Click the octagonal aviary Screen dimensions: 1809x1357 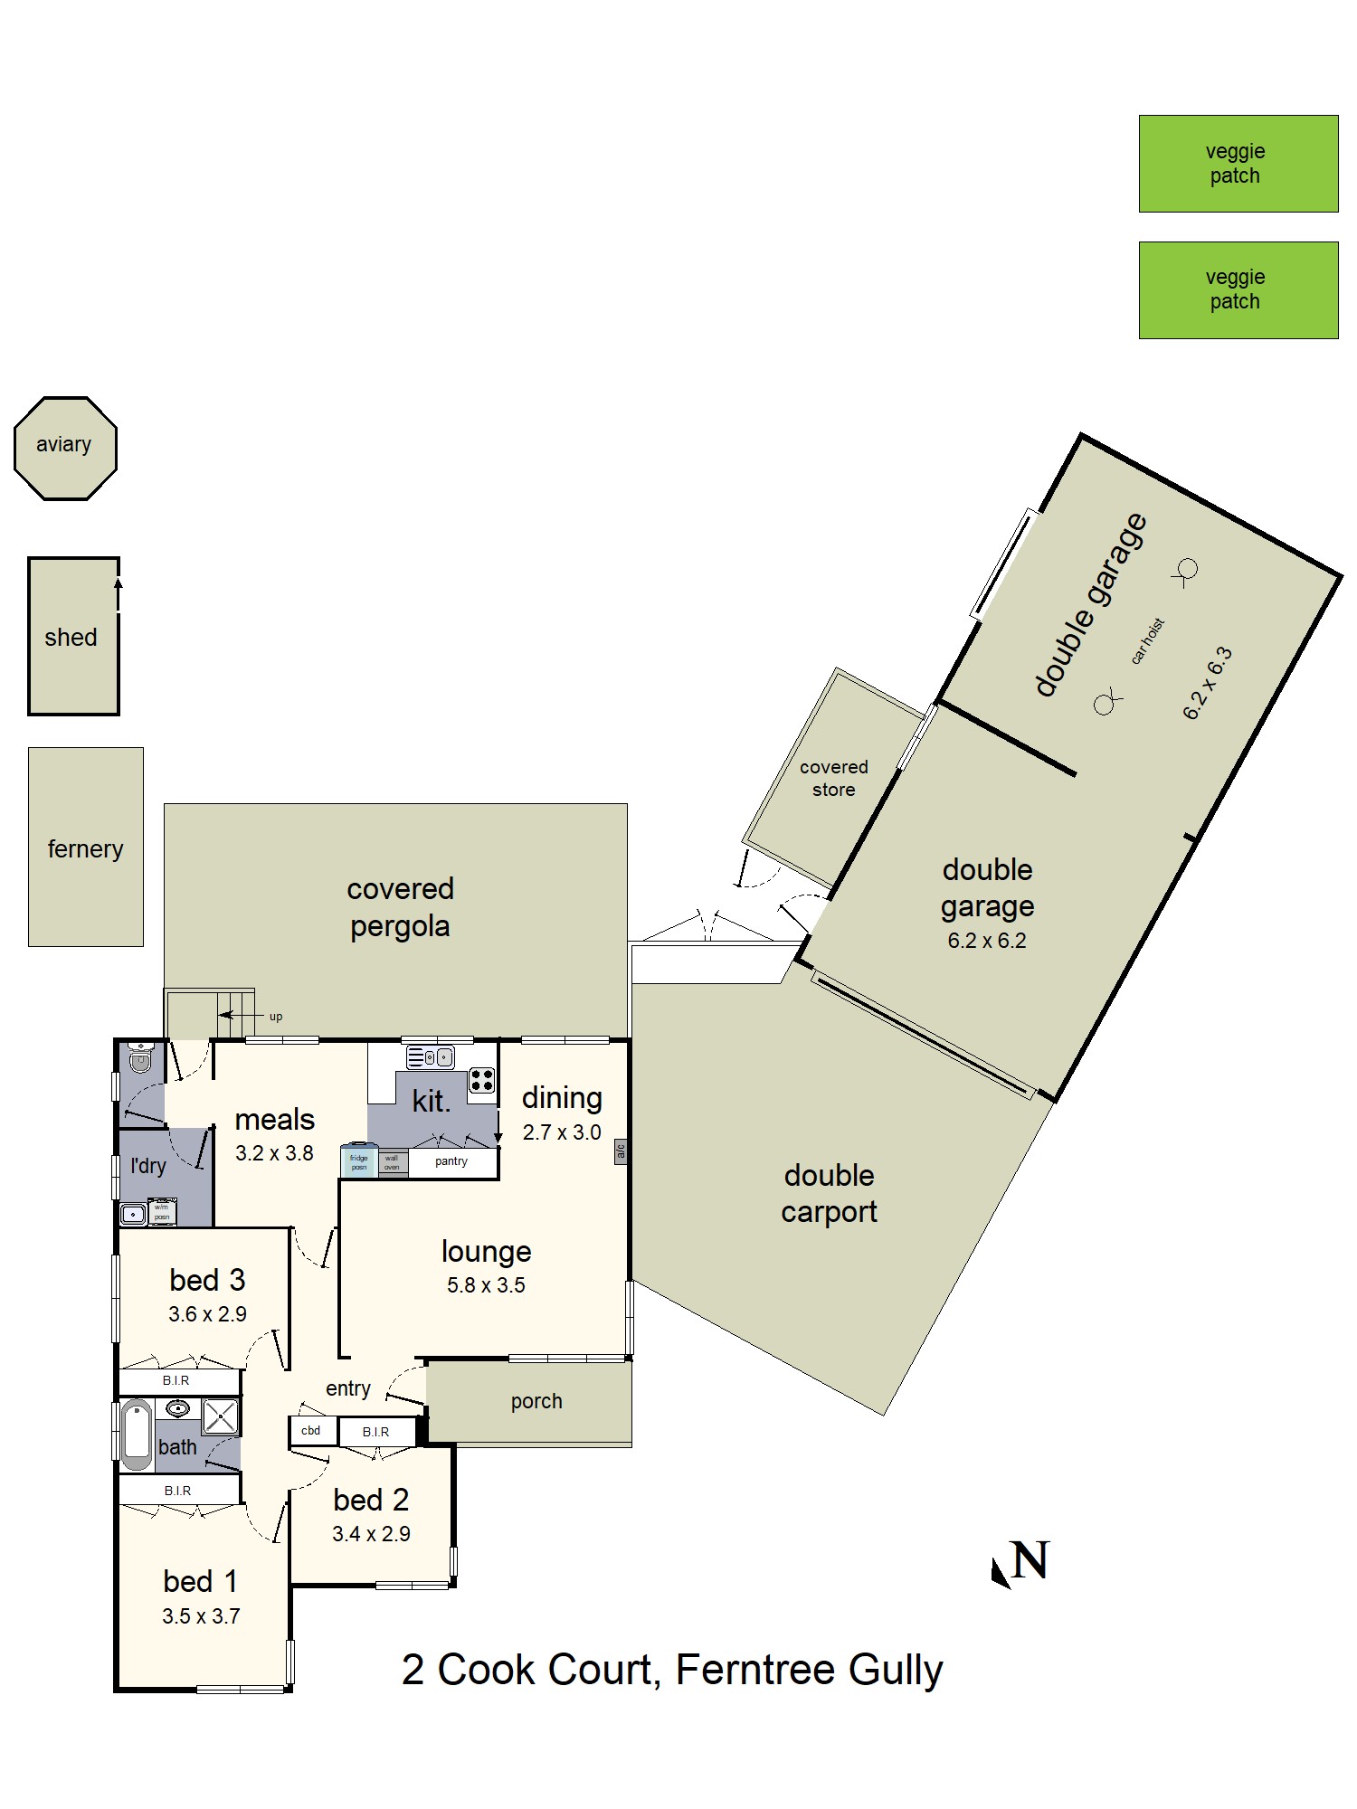point(65,448)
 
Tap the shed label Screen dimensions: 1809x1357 point(71,638)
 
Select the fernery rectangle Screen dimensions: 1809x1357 point(85,848)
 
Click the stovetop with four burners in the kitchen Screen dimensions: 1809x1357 point(481,1080)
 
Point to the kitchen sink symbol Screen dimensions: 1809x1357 point(430,1056)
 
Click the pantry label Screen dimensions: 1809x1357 point(451,1161)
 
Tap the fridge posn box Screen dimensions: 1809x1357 point(358,1161)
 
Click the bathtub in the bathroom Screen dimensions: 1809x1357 point(138,1435)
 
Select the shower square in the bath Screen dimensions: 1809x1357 point(220,1417)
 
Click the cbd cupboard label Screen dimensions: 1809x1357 point(311,1431)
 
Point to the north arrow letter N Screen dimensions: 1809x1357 point(1030,1560)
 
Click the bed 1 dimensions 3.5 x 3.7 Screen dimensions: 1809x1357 point(201,1616)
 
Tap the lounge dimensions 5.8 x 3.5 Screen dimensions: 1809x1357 point(486,1285)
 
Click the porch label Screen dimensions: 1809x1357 point(536,1401)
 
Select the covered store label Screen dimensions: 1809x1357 point(833,778)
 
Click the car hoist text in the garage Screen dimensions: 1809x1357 point(1147,641)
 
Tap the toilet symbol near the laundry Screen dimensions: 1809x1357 point(140,1059)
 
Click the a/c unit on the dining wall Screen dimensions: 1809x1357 point(621,1151)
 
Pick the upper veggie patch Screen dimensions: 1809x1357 point(1238,164)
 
